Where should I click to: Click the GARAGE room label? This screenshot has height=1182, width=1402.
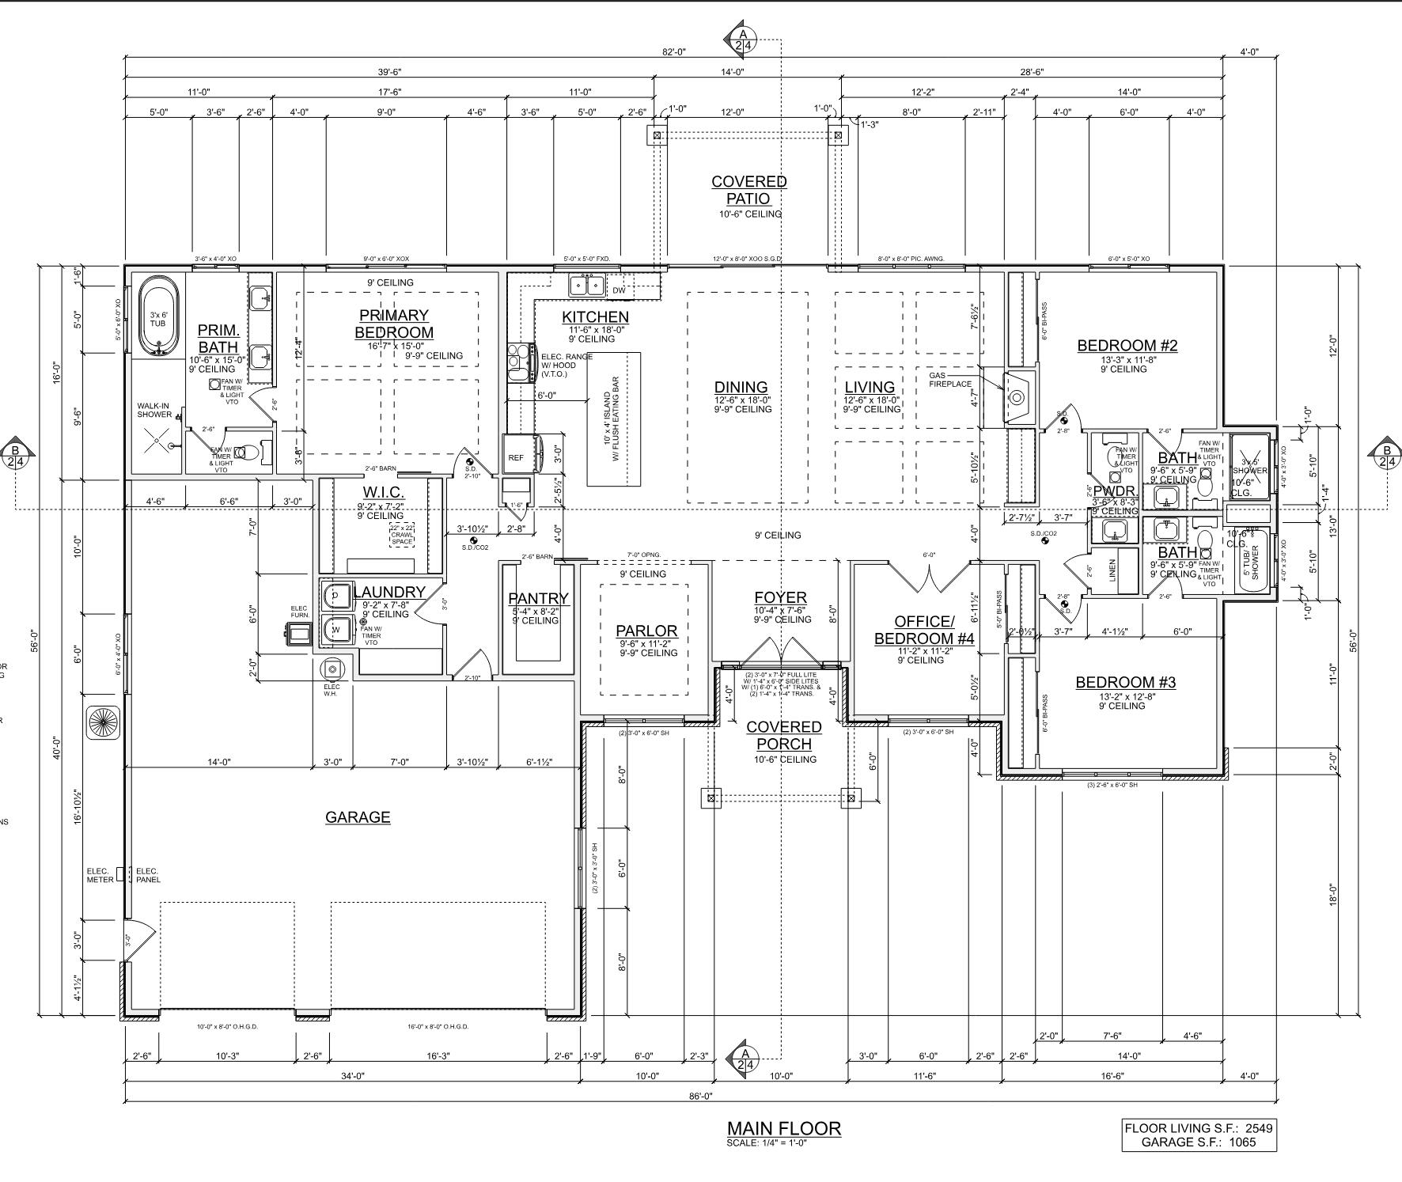tap(358, 817)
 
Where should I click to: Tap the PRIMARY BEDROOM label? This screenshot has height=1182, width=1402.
tap(394, 324)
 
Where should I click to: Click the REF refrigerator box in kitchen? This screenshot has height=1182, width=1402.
tap(516, 457)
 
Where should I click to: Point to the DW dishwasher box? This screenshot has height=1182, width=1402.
tap(619, 290)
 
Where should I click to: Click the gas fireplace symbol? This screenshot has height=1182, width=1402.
tap(1017, 397)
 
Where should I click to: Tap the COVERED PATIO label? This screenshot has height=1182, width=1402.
tap(748, 190)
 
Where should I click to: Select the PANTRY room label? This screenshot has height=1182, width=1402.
tap(538, 599)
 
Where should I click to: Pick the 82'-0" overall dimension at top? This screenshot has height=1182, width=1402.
tap(674, 52)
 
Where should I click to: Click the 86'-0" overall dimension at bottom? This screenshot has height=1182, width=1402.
tap(701, 1096)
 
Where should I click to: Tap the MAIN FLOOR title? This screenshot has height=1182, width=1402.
tap(784, 1128)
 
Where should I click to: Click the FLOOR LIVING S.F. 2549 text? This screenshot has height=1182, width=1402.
tap(1199, 1128)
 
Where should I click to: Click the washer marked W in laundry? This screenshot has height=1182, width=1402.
tap(336, 630)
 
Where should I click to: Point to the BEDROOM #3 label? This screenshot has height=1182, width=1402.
tap(1125, 683)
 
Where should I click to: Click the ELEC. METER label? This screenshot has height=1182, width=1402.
tap(100, 875)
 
